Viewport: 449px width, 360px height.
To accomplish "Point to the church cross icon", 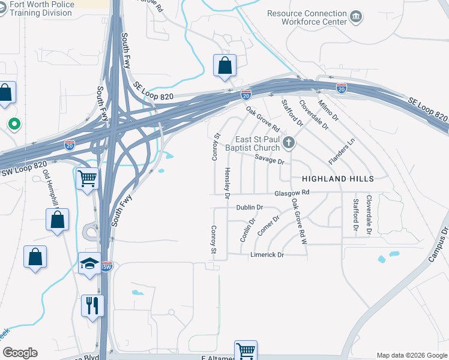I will coord(289,142).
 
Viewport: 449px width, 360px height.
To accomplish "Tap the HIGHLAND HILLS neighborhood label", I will coord(337,179).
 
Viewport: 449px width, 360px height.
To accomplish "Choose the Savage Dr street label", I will coord(268,160).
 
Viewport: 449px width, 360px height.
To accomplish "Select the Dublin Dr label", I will coord(250,207).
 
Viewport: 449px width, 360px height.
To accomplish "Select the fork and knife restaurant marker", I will coord(92,305).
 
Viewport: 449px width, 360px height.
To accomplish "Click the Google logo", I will coord(20,353).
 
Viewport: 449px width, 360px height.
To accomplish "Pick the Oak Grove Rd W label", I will coord(300,221).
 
